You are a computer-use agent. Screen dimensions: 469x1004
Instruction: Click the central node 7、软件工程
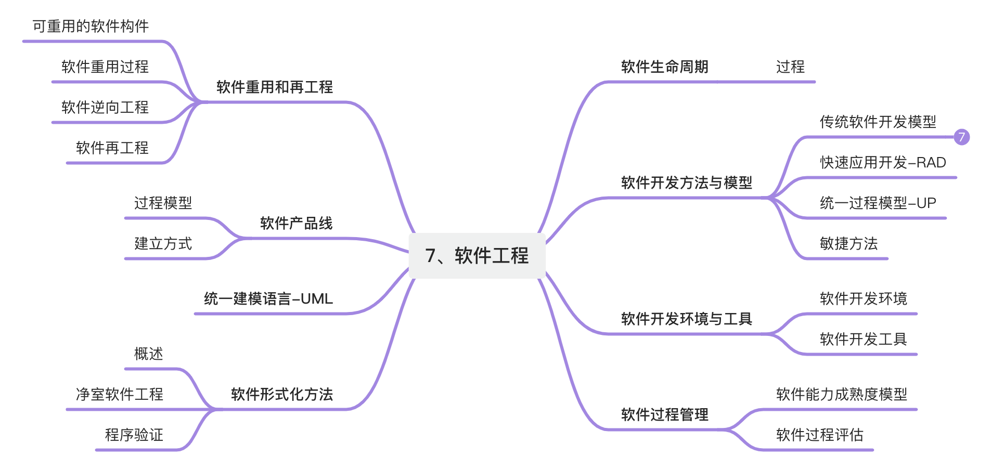pos(477,256)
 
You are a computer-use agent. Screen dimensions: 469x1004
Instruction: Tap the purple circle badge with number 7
pos(961,137)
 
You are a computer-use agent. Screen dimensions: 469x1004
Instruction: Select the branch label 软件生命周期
pos(664,67)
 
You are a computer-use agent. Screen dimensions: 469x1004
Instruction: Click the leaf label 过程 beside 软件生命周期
pos(790,67)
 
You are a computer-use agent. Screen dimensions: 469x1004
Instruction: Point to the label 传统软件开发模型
pos(878,122)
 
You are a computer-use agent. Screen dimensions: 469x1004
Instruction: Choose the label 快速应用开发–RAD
pos(883,163)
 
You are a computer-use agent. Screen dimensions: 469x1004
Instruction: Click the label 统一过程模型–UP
pos(878,203)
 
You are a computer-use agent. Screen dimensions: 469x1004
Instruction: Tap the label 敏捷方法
pos(848,244)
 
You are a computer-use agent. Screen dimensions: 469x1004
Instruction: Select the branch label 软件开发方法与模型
pos(686,183)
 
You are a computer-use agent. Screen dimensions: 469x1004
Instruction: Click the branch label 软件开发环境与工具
pos(686,319)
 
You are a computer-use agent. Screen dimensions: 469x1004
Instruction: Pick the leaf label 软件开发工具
pos(863,340)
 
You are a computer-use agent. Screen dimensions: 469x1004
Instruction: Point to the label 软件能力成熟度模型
pos(841,395)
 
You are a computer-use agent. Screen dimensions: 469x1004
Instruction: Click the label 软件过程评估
pos(819,435)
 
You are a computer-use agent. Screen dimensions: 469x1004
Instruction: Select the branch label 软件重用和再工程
pos(274,87)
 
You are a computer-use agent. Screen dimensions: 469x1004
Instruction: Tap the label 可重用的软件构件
pos(91,27)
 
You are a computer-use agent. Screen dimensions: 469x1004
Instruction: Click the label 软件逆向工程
pos(105,108)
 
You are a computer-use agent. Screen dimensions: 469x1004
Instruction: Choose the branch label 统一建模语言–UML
pos(268,299)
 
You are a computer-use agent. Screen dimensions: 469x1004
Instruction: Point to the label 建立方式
pos(163,244)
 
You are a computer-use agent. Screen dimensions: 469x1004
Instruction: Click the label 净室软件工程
pos(120,395)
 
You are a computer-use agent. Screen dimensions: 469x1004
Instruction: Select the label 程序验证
pos(134,435)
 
